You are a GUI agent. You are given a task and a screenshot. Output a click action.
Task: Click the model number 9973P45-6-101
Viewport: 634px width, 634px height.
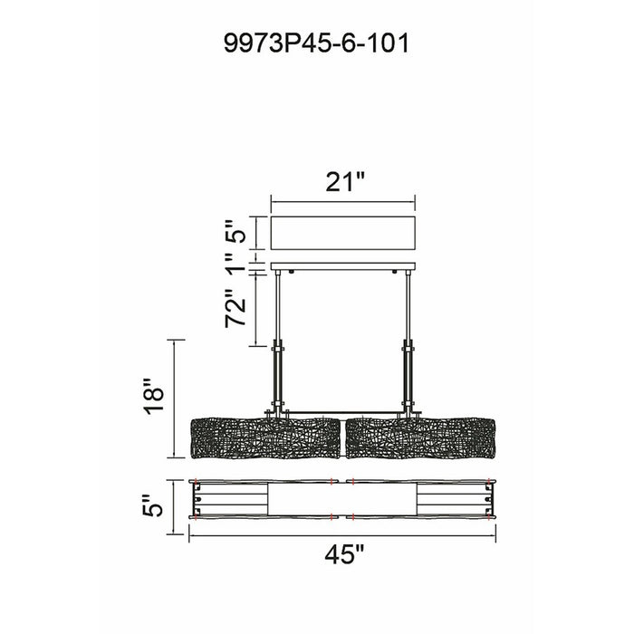click(317, 43)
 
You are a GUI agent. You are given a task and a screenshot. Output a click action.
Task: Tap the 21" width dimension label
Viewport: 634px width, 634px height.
click(345, 182)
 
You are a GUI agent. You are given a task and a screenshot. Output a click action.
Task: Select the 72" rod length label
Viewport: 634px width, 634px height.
click(235, 308)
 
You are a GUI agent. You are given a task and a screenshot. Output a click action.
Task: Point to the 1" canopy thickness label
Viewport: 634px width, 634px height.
click(235, 268)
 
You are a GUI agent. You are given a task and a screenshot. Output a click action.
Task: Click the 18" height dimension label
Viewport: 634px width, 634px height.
click(154, 396)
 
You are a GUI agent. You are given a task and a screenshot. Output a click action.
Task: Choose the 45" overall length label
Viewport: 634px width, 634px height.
click(344, 554)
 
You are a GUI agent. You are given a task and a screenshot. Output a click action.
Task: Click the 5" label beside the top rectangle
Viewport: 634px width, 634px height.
click(235, 231)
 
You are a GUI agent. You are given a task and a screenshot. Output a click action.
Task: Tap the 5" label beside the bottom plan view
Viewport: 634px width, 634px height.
click(152, 505)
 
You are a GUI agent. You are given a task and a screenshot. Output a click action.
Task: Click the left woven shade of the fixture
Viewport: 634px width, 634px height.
click(266, 439)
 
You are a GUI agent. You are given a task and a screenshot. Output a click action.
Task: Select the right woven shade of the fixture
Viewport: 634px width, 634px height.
click(421, 439)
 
